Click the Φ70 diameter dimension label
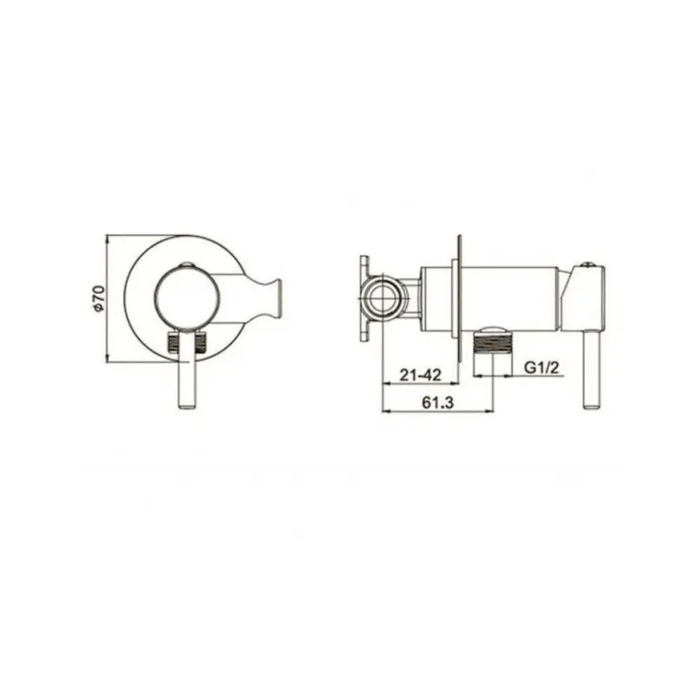tap(99, 299)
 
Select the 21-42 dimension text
tap(421, 376)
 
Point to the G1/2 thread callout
tap(541, 367)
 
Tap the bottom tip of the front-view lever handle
tap(187, 409)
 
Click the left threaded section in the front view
tap(173, 341)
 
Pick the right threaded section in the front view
tap(201, 342)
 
